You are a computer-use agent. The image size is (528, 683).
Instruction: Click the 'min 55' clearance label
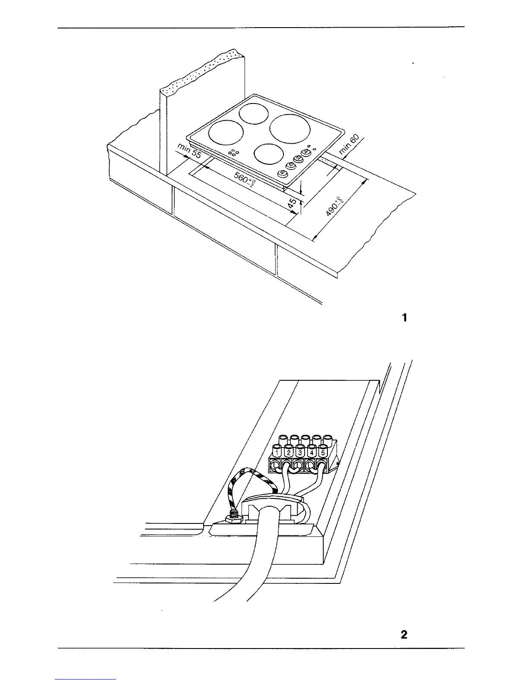[x=189, y=153]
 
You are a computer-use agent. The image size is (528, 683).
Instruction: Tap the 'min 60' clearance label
[x=349, y=144]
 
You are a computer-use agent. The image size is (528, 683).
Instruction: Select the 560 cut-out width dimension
[x=244, y=180]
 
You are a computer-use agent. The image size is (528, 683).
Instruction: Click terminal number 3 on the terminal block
[x=300, y=453]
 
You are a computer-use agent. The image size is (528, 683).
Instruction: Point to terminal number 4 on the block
[x=311, y=453]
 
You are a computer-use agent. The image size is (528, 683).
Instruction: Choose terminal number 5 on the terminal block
[x=323, y=453]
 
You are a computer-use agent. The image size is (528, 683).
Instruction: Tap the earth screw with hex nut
[x=232, y=516]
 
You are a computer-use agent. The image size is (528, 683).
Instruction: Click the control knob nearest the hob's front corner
[x=282, y=173]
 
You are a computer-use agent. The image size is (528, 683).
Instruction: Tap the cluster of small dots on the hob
[x=233, y=152]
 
